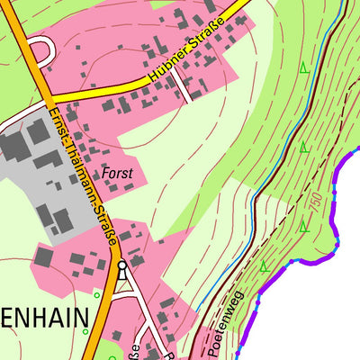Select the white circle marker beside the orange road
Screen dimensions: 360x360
click(122, 266)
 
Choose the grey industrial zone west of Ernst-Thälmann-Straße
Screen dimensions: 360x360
click(36, 171)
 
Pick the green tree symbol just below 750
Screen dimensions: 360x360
click(304, 226)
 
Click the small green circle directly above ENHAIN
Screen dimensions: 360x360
click(95, 293)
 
